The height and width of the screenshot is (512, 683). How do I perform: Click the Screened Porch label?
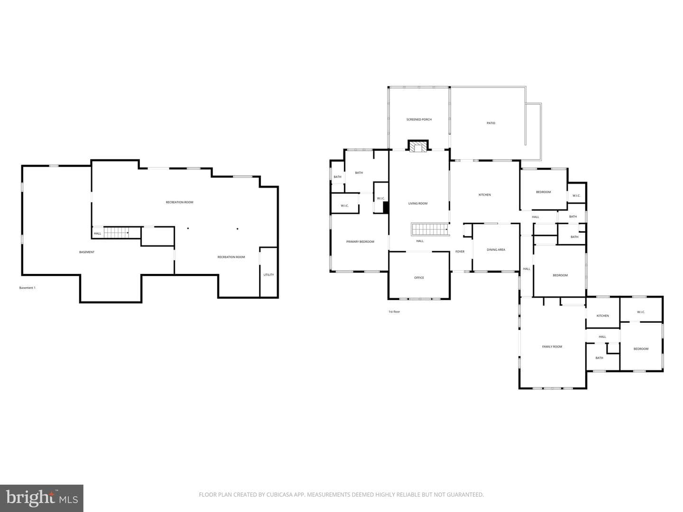point(419,119)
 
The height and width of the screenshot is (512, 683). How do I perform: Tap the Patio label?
point(491,123)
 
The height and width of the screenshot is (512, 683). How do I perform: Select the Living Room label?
point(417,203)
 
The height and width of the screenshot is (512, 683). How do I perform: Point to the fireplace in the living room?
point(418,146)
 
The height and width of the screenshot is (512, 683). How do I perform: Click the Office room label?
point(419,278)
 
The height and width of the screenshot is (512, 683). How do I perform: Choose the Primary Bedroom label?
point(360,242)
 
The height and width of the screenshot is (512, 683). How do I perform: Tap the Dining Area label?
point(496,250)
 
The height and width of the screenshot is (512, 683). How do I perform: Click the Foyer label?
point(460,251)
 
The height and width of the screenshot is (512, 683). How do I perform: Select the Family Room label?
point(552,347)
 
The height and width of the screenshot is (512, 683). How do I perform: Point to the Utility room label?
point(268,275)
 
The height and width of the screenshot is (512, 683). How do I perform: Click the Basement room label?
point(86,252)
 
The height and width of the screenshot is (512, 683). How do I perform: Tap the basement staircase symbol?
point(116,232)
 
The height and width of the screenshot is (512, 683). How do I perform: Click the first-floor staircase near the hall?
point(429,229)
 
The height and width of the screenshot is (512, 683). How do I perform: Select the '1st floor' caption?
point(394,311)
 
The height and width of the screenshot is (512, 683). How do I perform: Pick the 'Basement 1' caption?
point(27,288)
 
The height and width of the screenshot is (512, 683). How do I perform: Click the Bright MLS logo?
point(42,498)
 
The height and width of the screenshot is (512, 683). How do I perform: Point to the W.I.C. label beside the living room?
point(381,198)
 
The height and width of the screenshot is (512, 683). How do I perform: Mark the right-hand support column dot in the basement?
point(238,229)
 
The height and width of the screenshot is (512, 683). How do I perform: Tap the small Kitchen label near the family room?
point(602,316)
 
